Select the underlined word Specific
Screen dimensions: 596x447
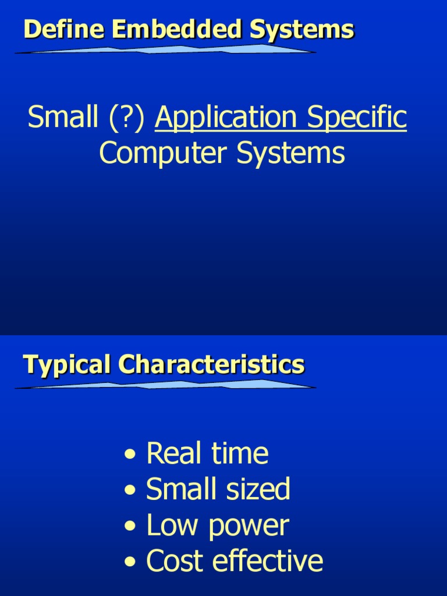[x=357, y=118]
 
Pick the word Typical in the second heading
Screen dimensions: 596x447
[x=66, y=366]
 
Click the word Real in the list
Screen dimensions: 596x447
[x=169, y=454]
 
